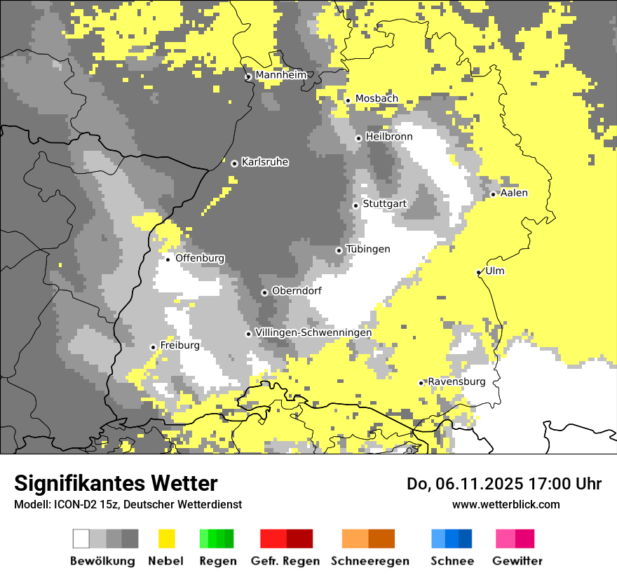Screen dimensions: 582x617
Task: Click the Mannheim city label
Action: point(280,75)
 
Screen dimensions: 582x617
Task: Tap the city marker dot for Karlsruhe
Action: point(234,163)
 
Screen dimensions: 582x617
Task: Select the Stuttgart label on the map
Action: point(384,204)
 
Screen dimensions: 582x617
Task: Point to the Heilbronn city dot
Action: point(358,138)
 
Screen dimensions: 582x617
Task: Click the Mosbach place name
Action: point(377,99)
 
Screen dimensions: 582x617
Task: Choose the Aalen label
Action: point(514,193)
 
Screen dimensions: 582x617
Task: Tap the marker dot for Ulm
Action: point(479,273)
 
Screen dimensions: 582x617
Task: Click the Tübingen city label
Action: point(368,250)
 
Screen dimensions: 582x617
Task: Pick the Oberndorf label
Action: point(297,291)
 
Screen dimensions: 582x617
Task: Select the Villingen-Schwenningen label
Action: point(313,332)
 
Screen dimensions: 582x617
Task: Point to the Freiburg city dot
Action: point(153,347)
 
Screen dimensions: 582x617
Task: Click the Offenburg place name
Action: point(200,258)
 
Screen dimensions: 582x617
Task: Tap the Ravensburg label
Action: point(456,381)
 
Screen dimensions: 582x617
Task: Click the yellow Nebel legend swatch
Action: point(167,539)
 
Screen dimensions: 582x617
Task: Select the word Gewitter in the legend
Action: point(517,561)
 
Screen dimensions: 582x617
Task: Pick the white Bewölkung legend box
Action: point(81,539)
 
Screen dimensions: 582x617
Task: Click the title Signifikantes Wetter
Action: point(116,484)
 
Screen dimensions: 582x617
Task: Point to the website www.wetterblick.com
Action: point(506,504)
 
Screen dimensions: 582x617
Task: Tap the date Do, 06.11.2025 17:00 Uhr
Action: point(504,484)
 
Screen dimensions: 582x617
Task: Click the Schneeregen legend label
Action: point(370,561)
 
